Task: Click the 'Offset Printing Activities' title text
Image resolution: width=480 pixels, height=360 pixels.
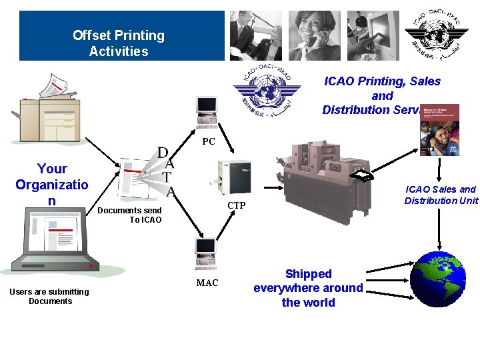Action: click(119, 43)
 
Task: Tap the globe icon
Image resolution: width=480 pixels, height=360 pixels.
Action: click(438, 279)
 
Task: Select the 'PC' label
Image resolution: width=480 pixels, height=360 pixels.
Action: click(209, 141)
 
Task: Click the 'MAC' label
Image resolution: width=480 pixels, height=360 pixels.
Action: click(207, 283)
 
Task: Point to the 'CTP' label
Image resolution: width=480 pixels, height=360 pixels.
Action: click(237, 205)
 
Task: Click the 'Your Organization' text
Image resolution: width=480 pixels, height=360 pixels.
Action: click(52, 185)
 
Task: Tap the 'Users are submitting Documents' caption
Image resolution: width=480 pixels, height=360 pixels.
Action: click(49, 296)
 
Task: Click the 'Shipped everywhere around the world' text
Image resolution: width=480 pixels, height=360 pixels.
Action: click(308, 288)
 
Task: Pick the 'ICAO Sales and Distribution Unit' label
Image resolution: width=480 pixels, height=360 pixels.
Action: click(441, 195)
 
